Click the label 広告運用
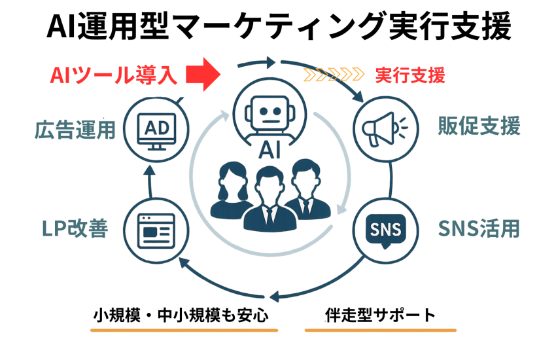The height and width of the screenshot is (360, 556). click(75, 128)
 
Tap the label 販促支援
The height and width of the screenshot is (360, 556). click(479, 126)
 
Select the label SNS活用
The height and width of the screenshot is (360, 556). click(478, 229)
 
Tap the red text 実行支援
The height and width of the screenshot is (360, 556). click(410, 75)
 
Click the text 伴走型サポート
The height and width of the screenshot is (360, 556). click(379, 315)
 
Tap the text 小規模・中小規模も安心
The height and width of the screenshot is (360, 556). click(180, 315)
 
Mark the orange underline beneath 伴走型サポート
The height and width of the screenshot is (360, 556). click(379, 330)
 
